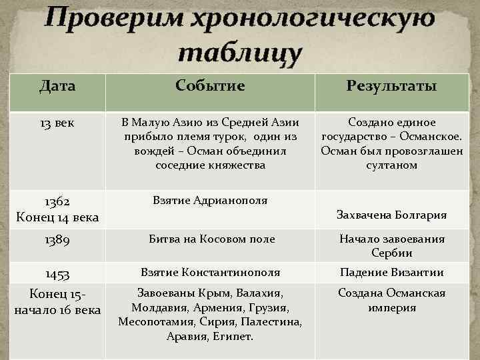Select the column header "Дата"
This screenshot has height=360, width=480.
tap(57, 85)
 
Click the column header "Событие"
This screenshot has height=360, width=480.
tap(210, 85)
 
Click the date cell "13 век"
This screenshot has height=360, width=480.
tap(57, 123)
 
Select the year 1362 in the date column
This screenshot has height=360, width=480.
tap(57, 201)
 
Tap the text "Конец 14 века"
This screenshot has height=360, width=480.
tap(57, 217)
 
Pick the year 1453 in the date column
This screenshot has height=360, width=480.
tap(57, 273)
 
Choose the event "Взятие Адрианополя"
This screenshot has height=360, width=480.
tap(210, 201)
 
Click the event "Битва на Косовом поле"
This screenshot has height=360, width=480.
tap(210, 239)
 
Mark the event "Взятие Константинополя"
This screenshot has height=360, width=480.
tap(210, 272)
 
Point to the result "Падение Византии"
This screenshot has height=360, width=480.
tap(392, 272)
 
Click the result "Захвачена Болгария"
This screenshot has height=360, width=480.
tap(392, 215)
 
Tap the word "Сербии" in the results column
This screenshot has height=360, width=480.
tap(392, 253)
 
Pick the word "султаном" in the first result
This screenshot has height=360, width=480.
tap(392, 165)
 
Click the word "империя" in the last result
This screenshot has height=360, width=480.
tap(392, 307)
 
